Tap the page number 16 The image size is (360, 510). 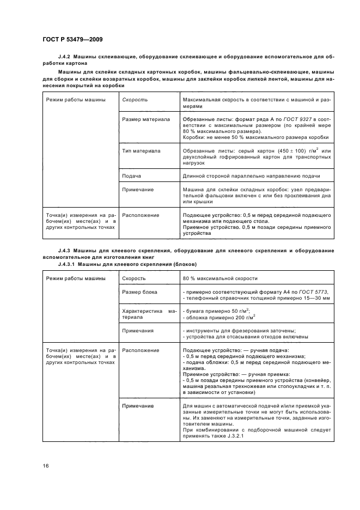coord(45,465)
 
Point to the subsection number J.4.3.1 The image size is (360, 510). coord(68,264)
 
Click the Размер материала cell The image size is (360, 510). coord(146,119)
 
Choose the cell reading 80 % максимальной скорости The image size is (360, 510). coord(220,278)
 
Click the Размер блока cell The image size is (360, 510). coord(139,292)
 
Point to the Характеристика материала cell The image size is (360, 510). coord(149,313)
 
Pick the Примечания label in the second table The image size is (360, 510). coord(138,330)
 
